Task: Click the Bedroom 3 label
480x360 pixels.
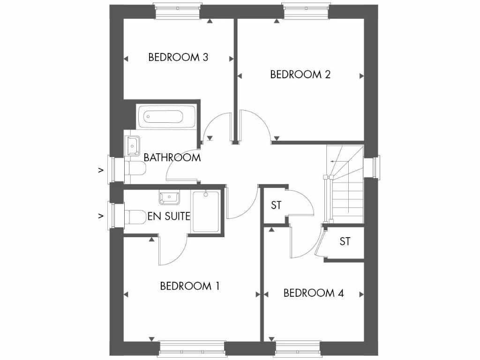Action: pos(178,57)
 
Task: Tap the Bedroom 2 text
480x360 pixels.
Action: pos(300,74)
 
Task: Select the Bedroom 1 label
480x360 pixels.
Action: pos(189,286)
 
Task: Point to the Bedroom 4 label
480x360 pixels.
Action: pos(314,293)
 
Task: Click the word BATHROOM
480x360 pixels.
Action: pos(172,157)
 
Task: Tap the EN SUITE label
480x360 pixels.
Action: pos(169,216)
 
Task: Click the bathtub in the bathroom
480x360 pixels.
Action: pos(166,116)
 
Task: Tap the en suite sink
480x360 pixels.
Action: pos(169,197)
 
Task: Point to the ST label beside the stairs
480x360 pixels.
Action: pos(276,205)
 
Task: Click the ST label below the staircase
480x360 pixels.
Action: pos(345,242)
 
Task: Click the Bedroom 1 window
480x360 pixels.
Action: pos(192,349)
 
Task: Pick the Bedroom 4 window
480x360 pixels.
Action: pos(298,349)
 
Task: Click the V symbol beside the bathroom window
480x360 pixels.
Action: pos(100,170)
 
